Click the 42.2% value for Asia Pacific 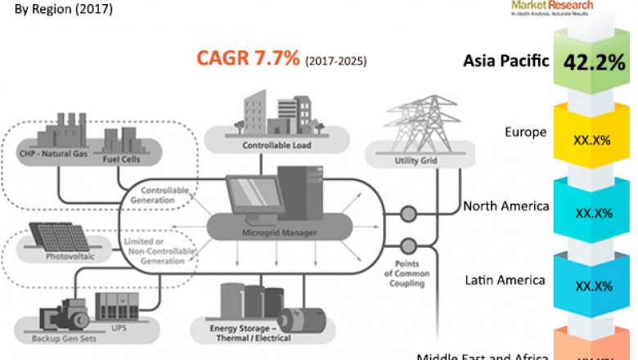[x=594, y=63]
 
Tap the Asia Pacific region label [x=505, y=61]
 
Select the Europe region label [x=525, y=132]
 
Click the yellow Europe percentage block [x=594, y=139]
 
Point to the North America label [x=505, y=206]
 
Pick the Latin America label [x=504, y=280]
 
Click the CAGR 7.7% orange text [x=248, y=59]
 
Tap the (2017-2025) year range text [x=336, y=61]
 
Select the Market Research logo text [x=552, y=5]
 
